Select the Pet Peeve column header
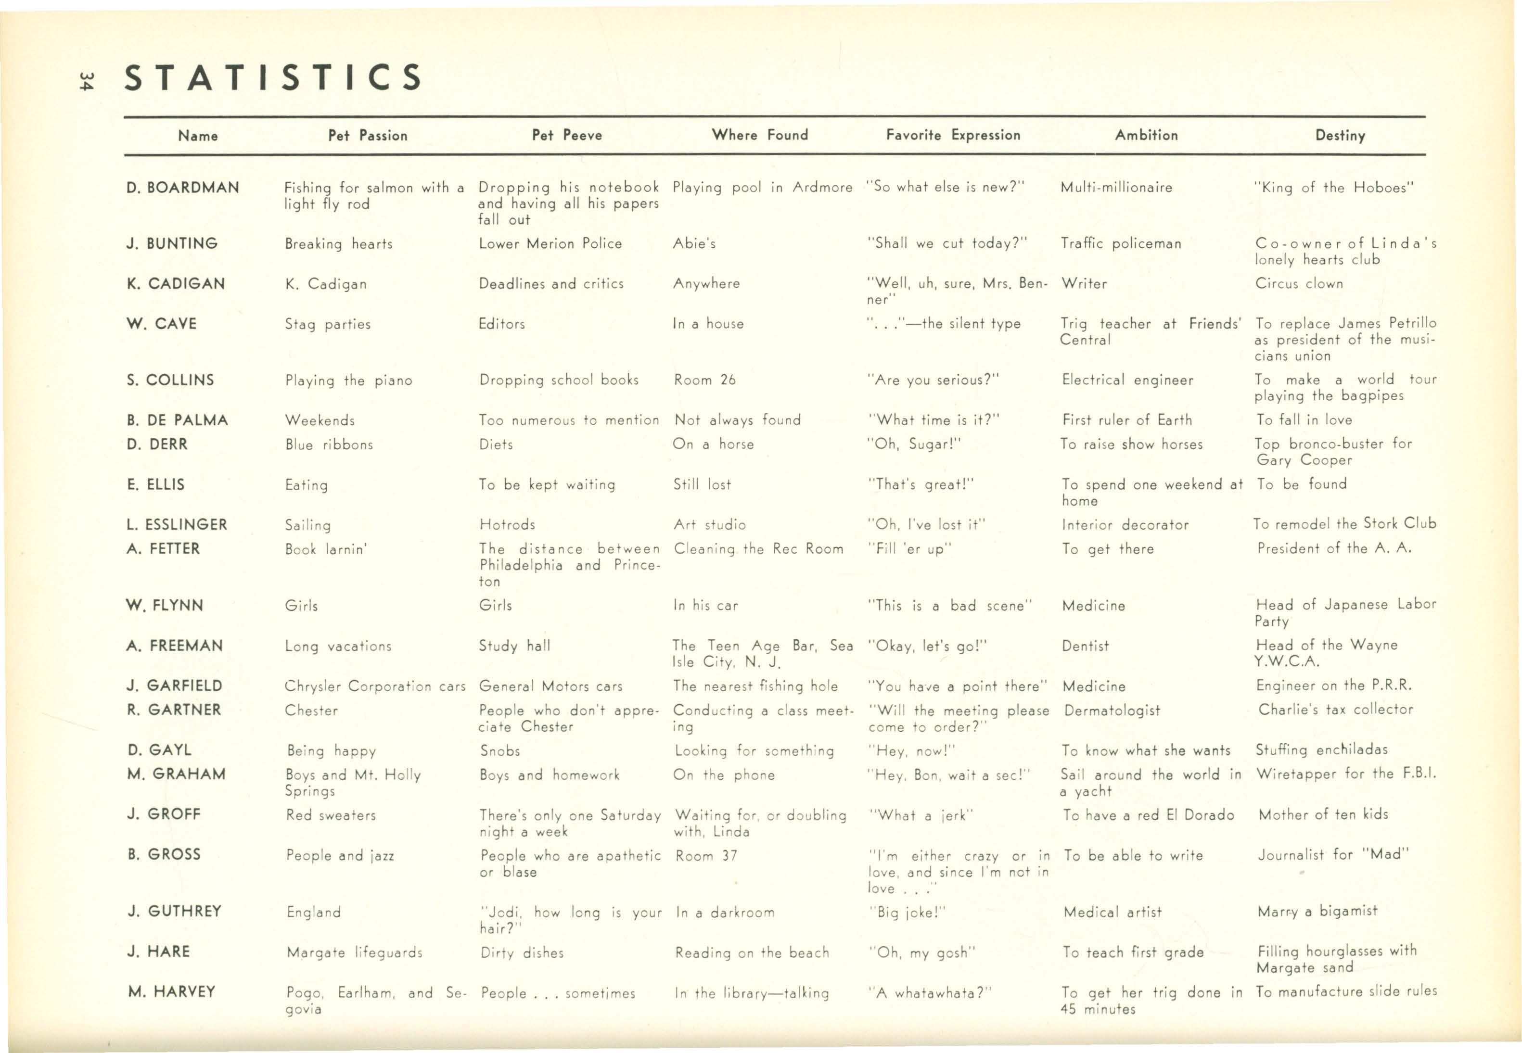click(x=567, y=135)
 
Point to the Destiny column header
click(x=1340, y=135)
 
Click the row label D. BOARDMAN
click(x=183, y=188)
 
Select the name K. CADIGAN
click(x=176, y=284)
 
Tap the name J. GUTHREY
click(x=175, y=911)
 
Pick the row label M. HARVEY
click(x=172, y=991)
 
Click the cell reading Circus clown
click(x=1299, y=284)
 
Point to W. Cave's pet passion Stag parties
click(x=327, y=324)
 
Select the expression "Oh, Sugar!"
click(x=914, y=444)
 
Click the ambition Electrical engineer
click(x=1127, y=380)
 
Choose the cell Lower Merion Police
click(x=550, y=243)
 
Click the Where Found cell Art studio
click(x=710, y=524)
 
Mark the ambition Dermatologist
click(x=1112, y=710)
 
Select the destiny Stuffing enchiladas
click(x=1321, y=749)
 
